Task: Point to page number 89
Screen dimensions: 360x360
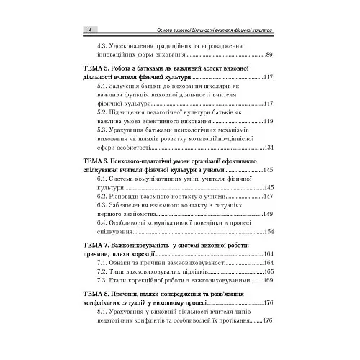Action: [269, 55]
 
